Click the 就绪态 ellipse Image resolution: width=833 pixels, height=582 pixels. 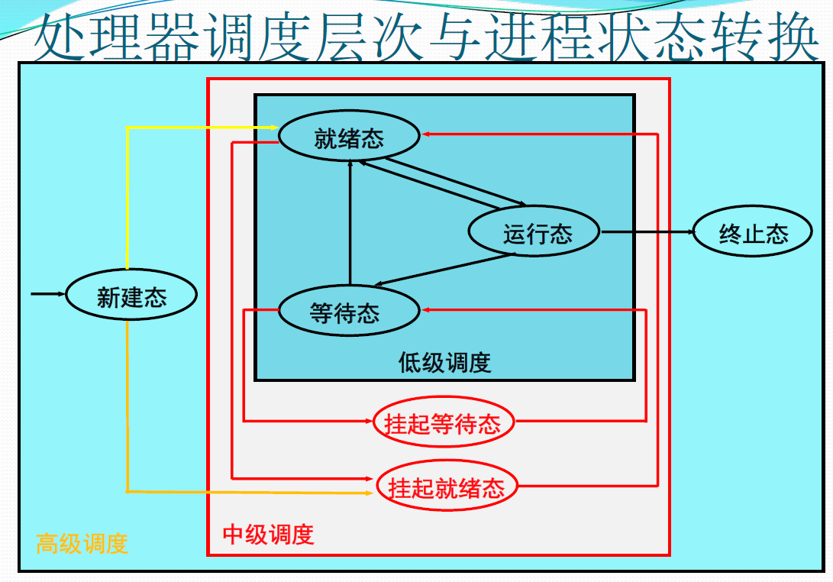tap(349, 137)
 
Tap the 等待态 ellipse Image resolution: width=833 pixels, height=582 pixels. tap(349, 312)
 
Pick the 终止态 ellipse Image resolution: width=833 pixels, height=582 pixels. tap(752, 233)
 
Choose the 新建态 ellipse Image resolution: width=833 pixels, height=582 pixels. tap(131, 296)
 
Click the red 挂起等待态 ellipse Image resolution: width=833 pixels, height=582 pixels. tap(443, 422)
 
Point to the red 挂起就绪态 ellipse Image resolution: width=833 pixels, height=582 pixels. tap(447, 487)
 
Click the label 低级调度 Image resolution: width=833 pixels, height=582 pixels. tap(444, 362)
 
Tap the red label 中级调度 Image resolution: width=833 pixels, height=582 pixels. tap(268, 534)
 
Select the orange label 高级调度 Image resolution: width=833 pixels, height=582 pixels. tap(82, 543)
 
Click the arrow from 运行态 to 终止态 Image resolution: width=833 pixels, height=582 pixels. tap(646, 232)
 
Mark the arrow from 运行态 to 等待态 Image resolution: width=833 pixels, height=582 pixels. tap(443, 270)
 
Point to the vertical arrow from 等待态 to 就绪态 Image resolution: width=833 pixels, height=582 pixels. tap(350, 221)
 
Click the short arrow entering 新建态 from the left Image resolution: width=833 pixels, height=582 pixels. tap(48, 293)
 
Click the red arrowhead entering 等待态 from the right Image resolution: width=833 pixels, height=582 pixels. tap(427, 309)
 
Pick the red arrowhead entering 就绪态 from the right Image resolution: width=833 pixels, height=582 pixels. tap(427, 134)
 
